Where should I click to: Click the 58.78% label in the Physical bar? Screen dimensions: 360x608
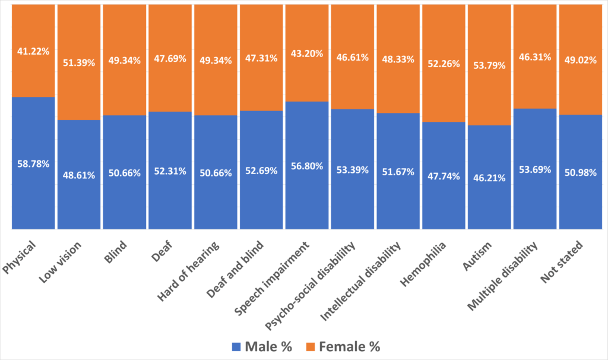(33, 163)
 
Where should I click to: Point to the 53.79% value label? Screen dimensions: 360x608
(489, 65)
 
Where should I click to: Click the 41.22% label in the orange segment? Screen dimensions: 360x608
(33, 53)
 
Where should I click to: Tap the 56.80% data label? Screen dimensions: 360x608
(306, 166)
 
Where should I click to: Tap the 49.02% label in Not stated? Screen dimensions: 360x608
(580, 60)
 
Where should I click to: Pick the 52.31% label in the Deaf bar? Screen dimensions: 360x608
(170, 171)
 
